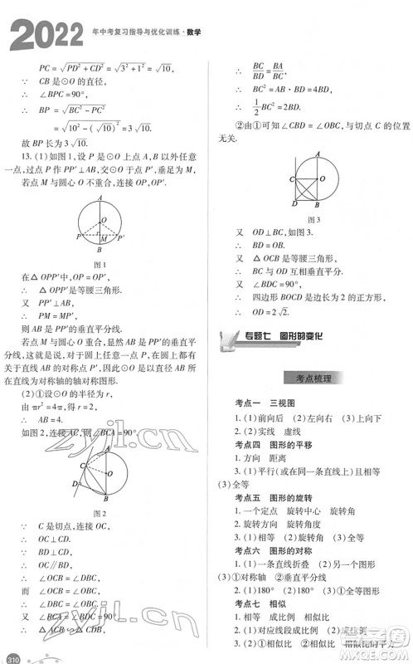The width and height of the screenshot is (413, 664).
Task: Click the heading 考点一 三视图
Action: pos(270,403)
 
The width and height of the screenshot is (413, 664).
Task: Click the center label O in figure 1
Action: pos(103,220)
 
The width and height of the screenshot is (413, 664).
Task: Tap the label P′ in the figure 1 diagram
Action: pos(122,237)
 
